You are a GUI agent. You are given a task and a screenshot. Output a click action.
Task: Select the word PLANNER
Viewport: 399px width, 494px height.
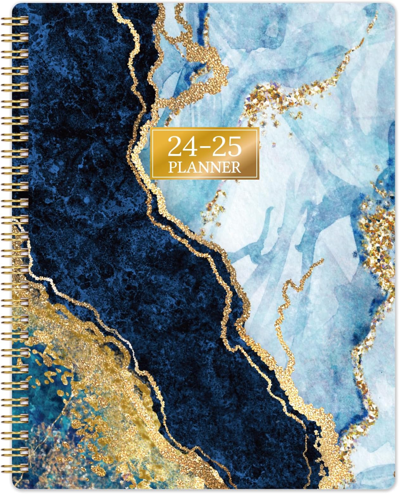coord(205,167)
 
